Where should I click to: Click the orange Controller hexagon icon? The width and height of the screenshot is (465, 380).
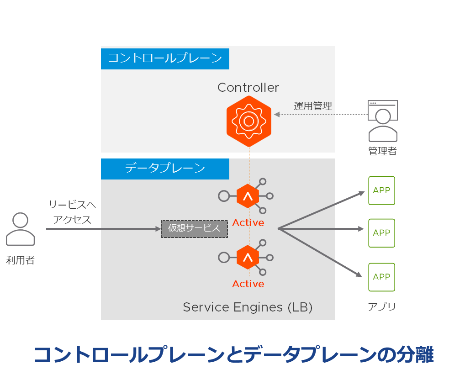(x=249, y=121)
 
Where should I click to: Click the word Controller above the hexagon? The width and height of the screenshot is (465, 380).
(x=248, y=87)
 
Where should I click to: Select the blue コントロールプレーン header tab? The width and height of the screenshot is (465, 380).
(x=165, y=58)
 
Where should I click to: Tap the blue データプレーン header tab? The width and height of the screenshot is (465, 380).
(x=165, y=169)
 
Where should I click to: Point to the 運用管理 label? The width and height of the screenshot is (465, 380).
(x=313, y=106)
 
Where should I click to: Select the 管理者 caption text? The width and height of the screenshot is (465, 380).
(x=383, y=151)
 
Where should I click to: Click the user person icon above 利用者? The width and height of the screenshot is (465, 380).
(x=20, y=229)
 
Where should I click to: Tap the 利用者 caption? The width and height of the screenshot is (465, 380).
(x=20, y=261)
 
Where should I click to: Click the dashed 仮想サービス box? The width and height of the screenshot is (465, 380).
(x=194, y=228)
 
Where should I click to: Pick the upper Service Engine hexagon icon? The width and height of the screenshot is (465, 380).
(x=248, y=196)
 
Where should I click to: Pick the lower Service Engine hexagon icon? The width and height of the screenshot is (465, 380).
(x=248, y=257)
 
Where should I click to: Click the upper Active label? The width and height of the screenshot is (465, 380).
(x=248, y=223)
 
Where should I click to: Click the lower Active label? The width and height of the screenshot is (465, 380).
(x=248, y=284)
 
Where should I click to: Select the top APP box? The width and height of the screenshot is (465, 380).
(x=382, y=191)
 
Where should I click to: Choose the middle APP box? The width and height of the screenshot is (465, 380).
(x=382, y=233)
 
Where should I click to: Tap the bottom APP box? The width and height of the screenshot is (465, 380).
(x=382, y=277)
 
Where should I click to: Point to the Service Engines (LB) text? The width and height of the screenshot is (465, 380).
(x=248, y=307)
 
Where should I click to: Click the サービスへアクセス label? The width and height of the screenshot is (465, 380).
(x=72, y=212)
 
